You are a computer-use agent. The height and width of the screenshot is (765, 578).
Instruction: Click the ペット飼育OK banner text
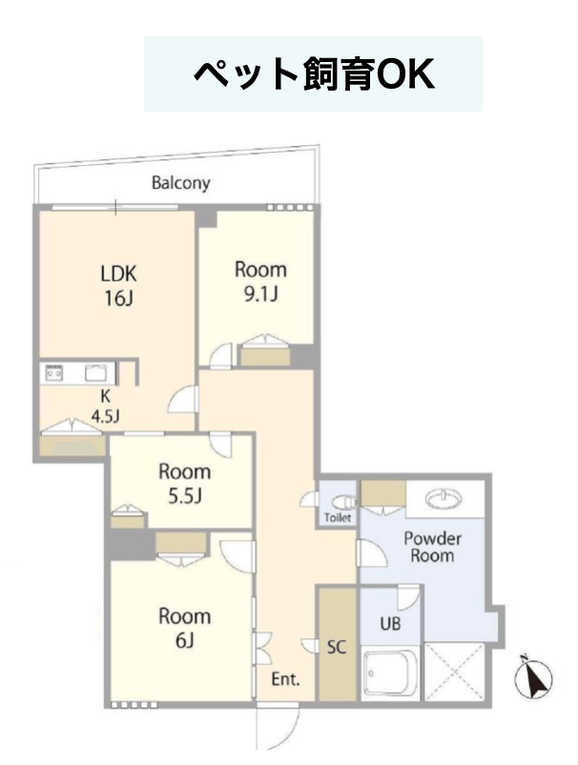pos(313,74)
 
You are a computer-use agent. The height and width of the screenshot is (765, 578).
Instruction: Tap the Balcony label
pos(181,183)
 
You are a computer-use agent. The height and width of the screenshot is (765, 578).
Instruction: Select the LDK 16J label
pos(118,285)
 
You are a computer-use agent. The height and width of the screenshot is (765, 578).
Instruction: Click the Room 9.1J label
pos(260,281)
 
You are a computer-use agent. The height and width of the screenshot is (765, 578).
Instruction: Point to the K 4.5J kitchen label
pos(105,406)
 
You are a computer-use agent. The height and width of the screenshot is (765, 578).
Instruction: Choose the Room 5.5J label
pos(184,484)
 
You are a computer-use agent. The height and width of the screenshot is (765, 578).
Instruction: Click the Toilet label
pos(338,517)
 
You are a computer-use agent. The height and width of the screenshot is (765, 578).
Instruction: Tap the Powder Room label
pos(432,547)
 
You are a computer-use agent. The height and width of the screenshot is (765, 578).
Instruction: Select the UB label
pos(390,623)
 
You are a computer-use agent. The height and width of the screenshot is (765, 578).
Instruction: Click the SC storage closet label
pos(337,647)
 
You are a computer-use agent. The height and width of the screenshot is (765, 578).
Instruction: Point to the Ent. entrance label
pos(285,678)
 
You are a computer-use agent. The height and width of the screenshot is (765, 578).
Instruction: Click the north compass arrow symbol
pos(533,677)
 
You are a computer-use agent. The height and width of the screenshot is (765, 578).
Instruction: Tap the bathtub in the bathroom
pos(390,673)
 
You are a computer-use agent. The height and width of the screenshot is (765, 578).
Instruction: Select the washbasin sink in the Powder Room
pos(444,499)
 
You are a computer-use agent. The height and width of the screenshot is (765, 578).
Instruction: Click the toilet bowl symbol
pos(344,502)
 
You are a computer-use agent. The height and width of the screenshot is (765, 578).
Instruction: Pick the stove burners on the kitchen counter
pos(53,374)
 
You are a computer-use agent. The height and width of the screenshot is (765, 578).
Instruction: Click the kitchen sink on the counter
pos(97,374)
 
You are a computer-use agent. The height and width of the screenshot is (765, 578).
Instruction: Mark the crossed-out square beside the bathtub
pos(454,672)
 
